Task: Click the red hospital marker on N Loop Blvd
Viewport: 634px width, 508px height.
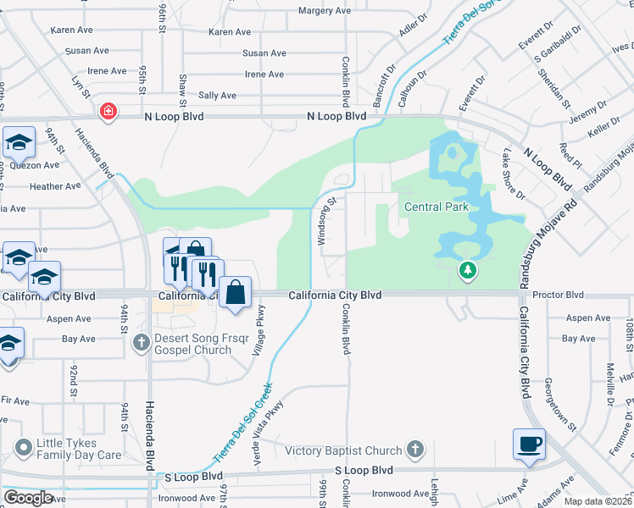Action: pos(108,111)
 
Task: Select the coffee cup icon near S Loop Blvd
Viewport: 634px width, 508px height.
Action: pos(529,444)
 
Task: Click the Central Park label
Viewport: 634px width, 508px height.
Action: pos(436,207)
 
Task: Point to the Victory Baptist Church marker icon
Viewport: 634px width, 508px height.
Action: pos(415,449)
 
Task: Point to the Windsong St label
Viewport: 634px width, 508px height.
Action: pos(322,222)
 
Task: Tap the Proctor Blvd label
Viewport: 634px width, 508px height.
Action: pos(562,295)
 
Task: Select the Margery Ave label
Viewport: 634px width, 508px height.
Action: pos(324,11)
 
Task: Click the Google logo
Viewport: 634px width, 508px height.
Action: pos(29,498)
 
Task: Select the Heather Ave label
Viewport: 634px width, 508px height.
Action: pos(55,186)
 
